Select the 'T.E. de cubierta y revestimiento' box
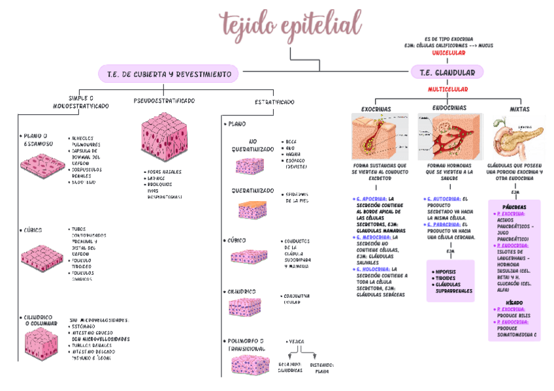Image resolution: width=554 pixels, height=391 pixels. (169, 74)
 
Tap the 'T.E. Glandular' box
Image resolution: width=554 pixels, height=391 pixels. (447, 72)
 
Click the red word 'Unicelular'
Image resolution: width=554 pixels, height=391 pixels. (448, 53)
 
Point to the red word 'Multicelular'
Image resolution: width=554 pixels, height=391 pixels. (448, 89)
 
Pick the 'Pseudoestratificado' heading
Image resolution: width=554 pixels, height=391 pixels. (164, 101)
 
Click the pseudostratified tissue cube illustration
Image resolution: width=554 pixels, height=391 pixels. (163, 140)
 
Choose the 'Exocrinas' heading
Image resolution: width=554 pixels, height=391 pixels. (377, 108)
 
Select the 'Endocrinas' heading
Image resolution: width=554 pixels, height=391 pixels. (449, 108)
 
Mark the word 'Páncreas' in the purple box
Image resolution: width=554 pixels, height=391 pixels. (515, 206)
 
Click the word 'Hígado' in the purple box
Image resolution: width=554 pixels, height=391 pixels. (515, 302)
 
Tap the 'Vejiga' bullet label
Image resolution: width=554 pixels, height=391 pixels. (296, 341)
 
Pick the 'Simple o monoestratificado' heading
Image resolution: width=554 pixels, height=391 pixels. (81, 102)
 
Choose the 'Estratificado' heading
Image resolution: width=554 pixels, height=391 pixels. (274, 102)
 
